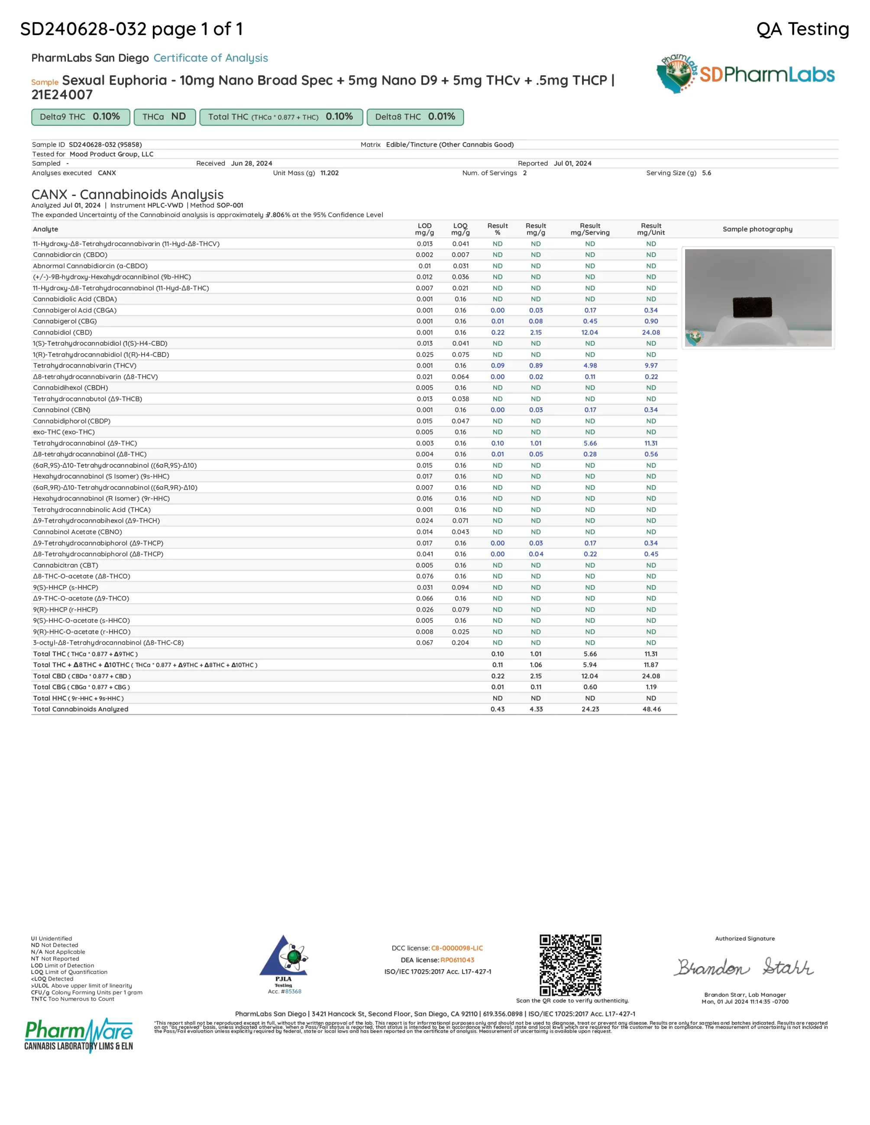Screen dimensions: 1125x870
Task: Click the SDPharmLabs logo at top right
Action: tap(745, 74)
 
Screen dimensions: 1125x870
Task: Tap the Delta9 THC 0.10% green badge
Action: tap(80, 117)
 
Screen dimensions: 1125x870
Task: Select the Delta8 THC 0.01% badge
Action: tap(415, 117)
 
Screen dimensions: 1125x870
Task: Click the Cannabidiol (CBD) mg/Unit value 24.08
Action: tap(651, 332)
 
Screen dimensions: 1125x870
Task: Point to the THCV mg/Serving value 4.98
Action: tap(590, 365)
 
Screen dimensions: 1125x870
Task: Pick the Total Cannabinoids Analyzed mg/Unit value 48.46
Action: tap(651, 709)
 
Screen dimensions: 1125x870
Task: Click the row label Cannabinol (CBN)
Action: tap(62, 410)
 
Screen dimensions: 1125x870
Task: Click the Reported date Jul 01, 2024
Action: tap(572, 163)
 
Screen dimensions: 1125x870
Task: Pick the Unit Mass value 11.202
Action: tap(330, 173)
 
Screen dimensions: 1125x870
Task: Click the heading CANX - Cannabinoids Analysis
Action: tap(127, 194)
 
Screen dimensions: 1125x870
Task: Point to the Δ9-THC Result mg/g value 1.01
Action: tap(536, 443)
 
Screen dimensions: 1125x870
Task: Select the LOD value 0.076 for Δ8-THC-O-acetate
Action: tap(425, 576)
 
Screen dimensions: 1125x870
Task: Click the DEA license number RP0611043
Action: tap(457, 960)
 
